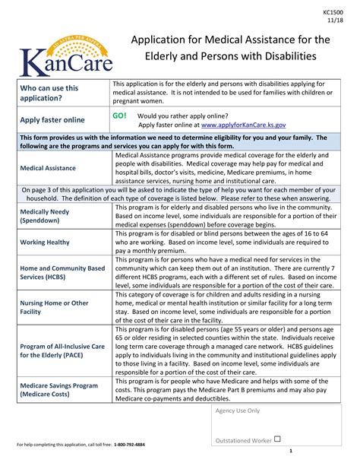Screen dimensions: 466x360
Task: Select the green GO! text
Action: pos(120,116)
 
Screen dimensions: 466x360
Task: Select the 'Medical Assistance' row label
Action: pos(48,167)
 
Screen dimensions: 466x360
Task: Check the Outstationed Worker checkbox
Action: pos(276,439)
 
